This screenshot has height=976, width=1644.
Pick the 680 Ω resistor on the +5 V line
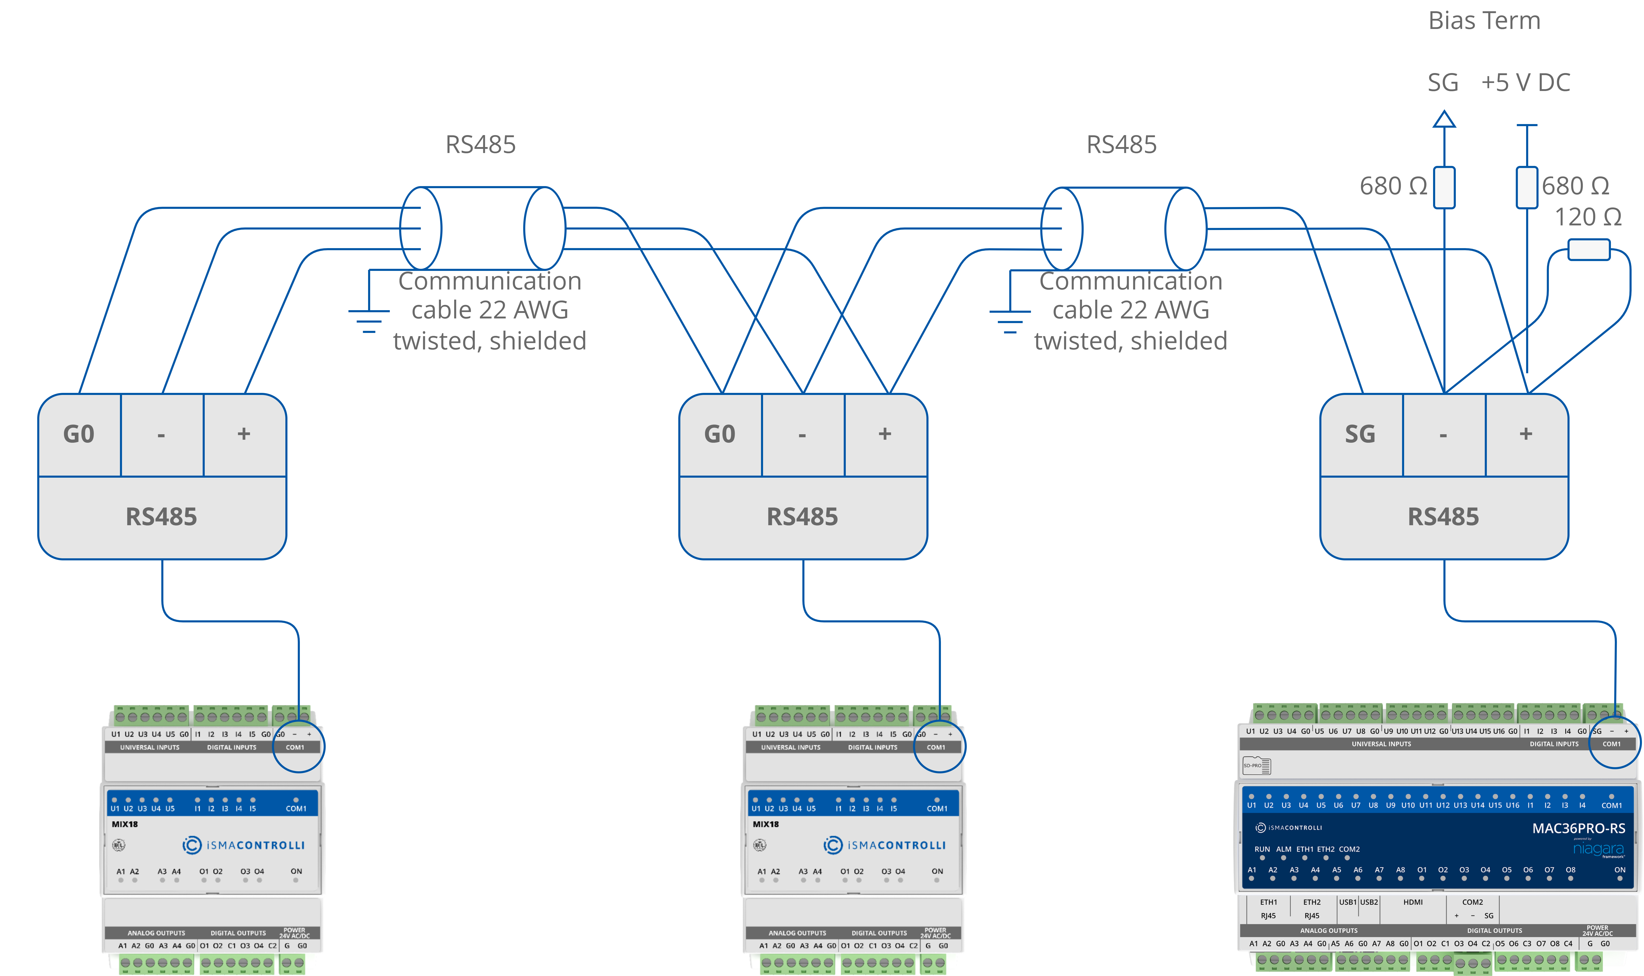tap(1526, 187)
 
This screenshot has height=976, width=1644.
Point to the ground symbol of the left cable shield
tap(369, 320)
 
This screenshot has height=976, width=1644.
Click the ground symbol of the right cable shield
tap(1009, 320)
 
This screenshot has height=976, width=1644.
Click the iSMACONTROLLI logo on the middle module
tap(884, 845)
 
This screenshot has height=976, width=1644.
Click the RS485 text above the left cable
tap(481, 145)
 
